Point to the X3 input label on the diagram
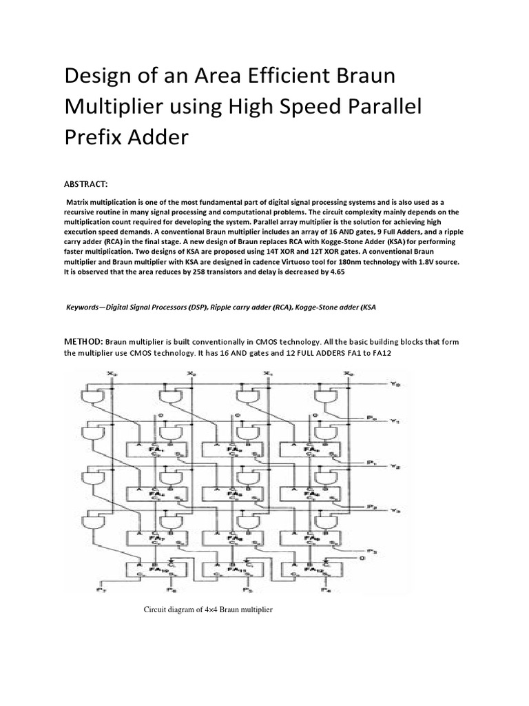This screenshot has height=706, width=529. pyautogui.click(x=114, y=374)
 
